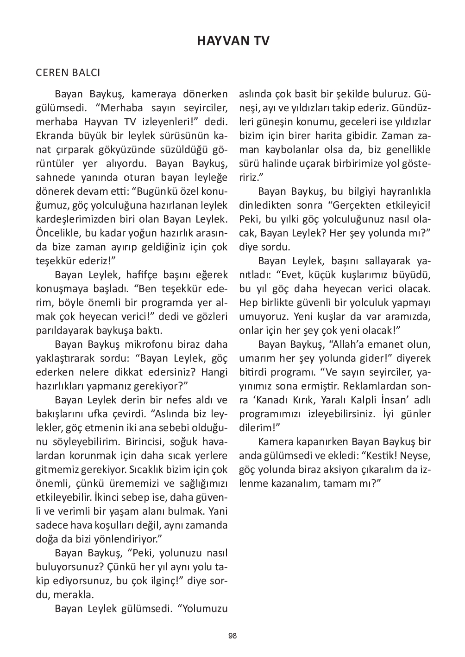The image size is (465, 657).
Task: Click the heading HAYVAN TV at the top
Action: click(x=232, y=41)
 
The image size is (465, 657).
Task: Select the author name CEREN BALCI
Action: click(x=68, y=73)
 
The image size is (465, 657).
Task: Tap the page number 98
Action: click(x=232, y=636)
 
